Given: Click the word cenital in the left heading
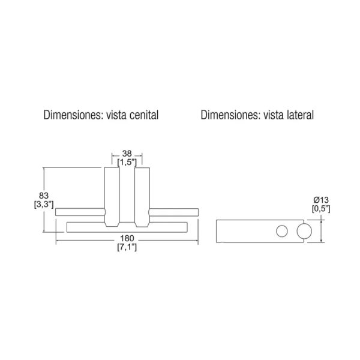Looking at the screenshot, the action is (144, 115).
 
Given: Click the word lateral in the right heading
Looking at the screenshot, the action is (300, 115).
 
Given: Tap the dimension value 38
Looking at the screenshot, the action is (127, 154).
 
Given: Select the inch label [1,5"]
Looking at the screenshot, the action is (127, 163).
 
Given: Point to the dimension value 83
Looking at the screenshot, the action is (44, 196).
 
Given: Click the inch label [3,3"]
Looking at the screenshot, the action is (44, 205).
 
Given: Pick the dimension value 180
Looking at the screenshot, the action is (127, 239).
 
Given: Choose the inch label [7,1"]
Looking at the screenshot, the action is (127, 247).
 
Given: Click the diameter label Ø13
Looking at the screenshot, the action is (321, 200).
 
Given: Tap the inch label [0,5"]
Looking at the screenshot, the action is (321, 209).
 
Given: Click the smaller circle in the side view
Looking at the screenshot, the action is (282, 231).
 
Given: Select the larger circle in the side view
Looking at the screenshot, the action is (304, 231).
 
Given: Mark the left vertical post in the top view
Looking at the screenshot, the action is (112, 197).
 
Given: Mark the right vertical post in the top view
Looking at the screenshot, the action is (142, 197).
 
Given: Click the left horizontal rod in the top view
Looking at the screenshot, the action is (80, 212).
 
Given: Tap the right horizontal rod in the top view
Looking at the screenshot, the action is (173, 212).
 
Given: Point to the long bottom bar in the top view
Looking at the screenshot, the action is (127, 227).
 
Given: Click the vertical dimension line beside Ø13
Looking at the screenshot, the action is (322, 231).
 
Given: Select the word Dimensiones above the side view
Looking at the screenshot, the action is (230, 115).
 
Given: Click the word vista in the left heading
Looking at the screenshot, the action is (116, 115).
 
